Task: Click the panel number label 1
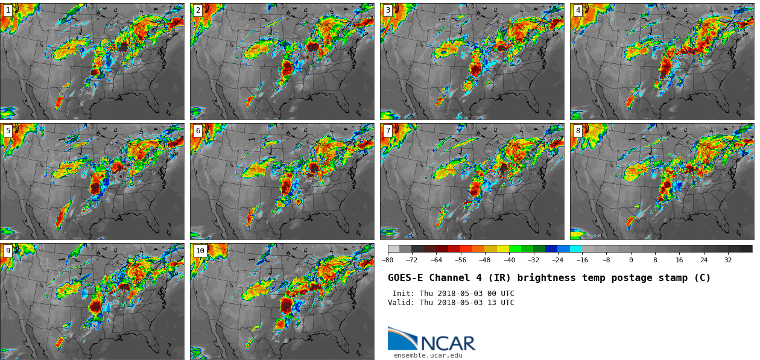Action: tap(8, 10)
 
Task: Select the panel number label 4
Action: tap(578, 10)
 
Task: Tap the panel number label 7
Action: tap(388, 131)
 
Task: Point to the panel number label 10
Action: tap(200, 251)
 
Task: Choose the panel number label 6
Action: tap(198, 131)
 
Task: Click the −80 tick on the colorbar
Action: tap(388, 260)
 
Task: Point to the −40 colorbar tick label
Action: tap(509, 260)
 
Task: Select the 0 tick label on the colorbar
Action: tap(631, 260)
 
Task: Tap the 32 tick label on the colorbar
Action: tap(728, 260)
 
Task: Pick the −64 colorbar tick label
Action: tap(436, 260)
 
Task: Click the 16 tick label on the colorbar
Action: tap(679, 260)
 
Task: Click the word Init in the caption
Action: tap(403, 294)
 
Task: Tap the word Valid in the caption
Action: tap(401, 303)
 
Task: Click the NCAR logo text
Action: tap(448, 343)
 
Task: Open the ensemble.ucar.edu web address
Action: tap(428, 355)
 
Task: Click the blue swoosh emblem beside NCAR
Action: tap(402, 338)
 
